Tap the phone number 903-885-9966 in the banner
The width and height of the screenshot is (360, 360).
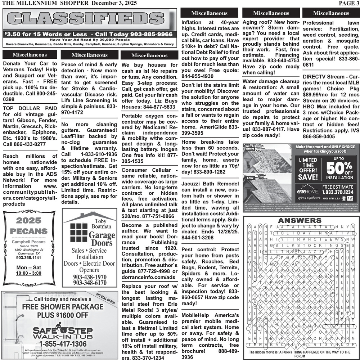[x=147, y=35]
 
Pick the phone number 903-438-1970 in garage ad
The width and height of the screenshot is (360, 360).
[x=90, y=277]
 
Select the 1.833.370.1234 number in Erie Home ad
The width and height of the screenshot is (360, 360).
[x=338, y=193]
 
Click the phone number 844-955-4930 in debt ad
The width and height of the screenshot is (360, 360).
[x=198, y=76]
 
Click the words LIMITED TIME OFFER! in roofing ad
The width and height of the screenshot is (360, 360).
[x=308, y=168]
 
